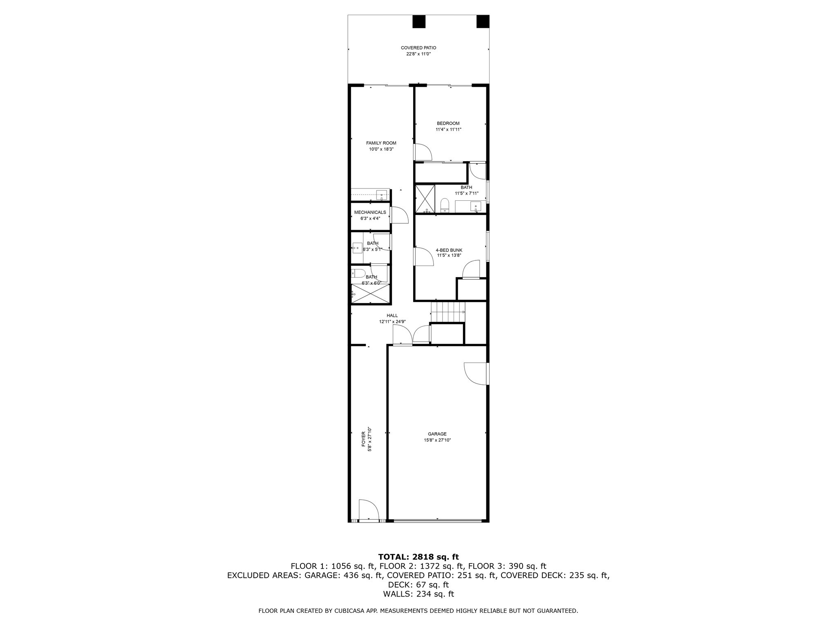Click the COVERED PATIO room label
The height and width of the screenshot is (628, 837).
(x=418, y=48)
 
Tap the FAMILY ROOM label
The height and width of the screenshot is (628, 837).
(x=381, y=143)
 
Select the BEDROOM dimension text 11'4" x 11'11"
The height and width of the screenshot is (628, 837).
(x=448, y=130)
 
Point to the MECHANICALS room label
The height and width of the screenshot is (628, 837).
(x=370, y=213)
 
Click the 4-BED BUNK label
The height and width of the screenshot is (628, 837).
(x=449, y=250)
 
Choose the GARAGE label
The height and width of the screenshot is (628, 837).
(x=437, y=434)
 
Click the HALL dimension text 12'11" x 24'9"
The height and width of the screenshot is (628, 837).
(x=392, y=322)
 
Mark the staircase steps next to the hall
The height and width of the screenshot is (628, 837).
(x=448, y=312)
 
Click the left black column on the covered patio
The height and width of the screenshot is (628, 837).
(x=418, y=21)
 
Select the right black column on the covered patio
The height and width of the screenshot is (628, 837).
(x=483, y=21)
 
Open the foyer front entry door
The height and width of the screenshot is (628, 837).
(x=369, y=511)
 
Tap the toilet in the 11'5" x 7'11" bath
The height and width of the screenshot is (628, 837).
(x=445, y=205)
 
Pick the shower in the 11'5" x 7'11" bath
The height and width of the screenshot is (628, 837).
(x=425, y=199)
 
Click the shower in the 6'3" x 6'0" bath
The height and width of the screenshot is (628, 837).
(x=370, y=294)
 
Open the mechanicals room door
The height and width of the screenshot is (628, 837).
(x=399, y=215)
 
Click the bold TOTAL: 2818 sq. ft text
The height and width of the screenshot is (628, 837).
(x=418, y=557)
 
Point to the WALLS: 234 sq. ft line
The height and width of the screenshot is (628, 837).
(x=418, y=594)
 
